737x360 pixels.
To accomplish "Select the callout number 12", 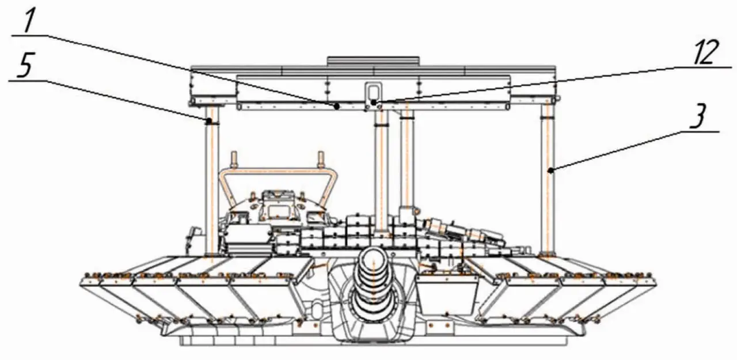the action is pyautogui.click(x=705, y=52).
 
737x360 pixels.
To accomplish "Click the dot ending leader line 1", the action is pyautogui.click(x=337, y=107).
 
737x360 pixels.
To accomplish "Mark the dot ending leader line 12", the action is pyautogui.click(x=374, y=103).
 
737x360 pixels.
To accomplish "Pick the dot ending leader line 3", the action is pyautogui.click(x=550, y=170).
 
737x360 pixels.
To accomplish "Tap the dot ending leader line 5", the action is pyautogui.click(x=208, y=122).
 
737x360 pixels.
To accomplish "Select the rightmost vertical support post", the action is pyautogui.click(x=548, y=179).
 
